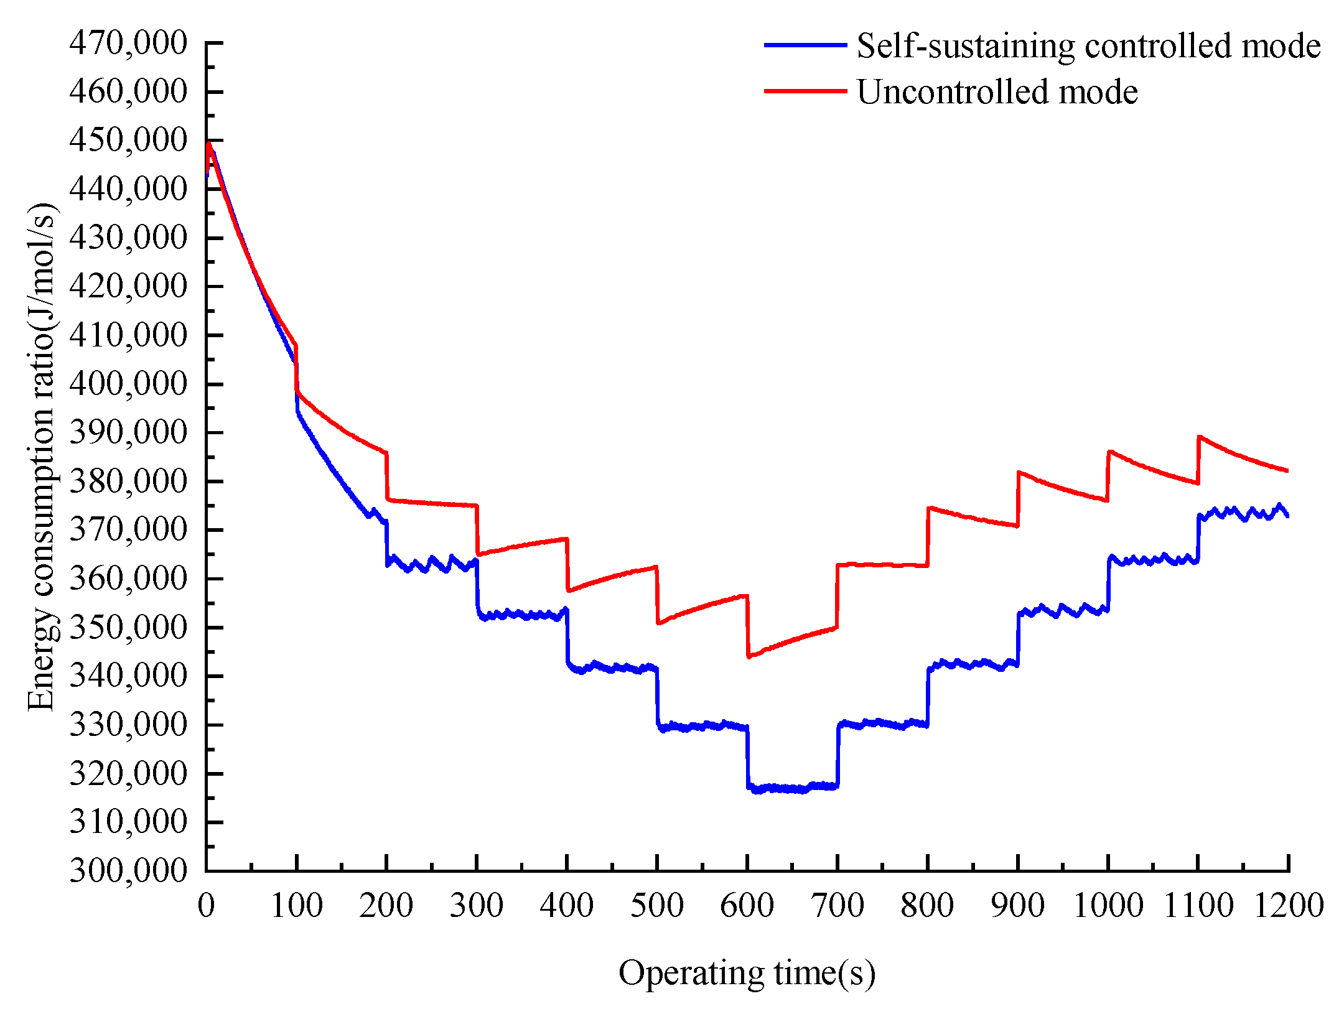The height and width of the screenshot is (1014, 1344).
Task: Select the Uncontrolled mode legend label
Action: (997, 91)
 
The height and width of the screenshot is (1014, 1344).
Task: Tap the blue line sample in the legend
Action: (805, 45)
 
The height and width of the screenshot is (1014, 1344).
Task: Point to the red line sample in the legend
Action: (805, 91)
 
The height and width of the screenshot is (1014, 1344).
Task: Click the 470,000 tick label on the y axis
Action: (128, 44)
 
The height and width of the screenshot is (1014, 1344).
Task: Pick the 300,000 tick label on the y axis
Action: (128, 870)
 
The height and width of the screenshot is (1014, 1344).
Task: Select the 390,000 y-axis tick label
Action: (128, 432)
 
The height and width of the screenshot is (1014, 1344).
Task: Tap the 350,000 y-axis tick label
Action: (128, 627)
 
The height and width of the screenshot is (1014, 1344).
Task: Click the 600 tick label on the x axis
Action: (747, 905)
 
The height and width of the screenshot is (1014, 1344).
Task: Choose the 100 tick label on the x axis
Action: (296, 905)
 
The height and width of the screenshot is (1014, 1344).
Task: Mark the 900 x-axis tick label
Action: (1017, 905)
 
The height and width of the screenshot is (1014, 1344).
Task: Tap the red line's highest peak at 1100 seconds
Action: (1200, 437)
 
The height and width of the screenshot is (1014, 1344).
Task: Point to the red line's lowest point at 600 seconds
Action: (749, 656)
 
